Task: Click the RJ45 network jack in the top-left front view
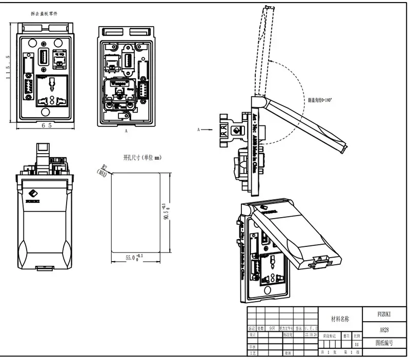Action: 60,58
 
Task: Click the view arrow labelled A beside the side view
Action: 206,130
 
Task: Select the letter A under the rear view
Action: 126,131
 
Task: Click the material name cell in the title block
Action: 340,319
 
